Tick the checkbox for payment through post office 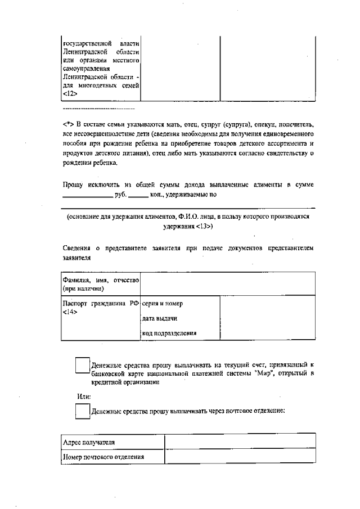pyautogui.click(x=83, y=412)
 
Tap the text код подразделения pyautogui.click(x=169, y=333)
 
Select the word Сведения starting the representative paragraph pyautogui.click(x=78, y=248)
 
